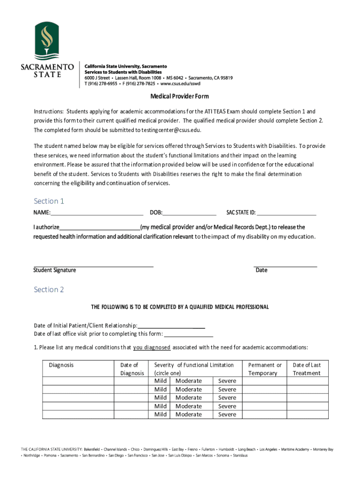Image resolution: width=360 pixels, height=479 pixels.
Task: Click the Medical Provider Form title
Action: [179, 96]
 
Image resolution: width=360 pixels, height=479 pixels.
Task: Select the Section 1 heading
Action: [49, 201]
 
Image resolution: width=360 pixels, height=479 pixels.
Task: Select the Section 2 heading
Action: [49, 290]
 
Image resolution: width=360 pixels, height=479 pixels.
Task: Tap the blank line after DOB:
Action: [189, 213]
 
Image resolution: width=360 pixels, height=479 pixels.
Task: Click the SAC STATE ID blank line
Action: [286, 213]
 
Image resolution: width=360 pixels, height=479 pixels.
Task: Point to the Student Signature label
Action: [54, 270]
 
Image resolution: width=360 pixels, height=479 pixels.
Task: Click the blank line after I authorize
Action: [100, 227]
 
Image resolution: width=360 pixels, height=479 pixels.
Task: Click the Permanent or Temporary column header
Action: [265, 369]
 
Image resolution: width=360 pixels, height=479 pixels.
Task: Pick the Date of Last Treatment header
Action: [306, 369]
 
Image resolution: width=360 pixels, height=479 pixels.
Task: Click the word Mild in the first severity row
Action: [160, 381]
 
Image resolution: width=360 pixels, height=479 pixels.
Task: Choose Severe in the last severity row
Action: [227, 414]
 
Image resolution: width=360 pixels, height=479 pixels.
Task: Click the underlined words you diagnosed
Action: [151, 348]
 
